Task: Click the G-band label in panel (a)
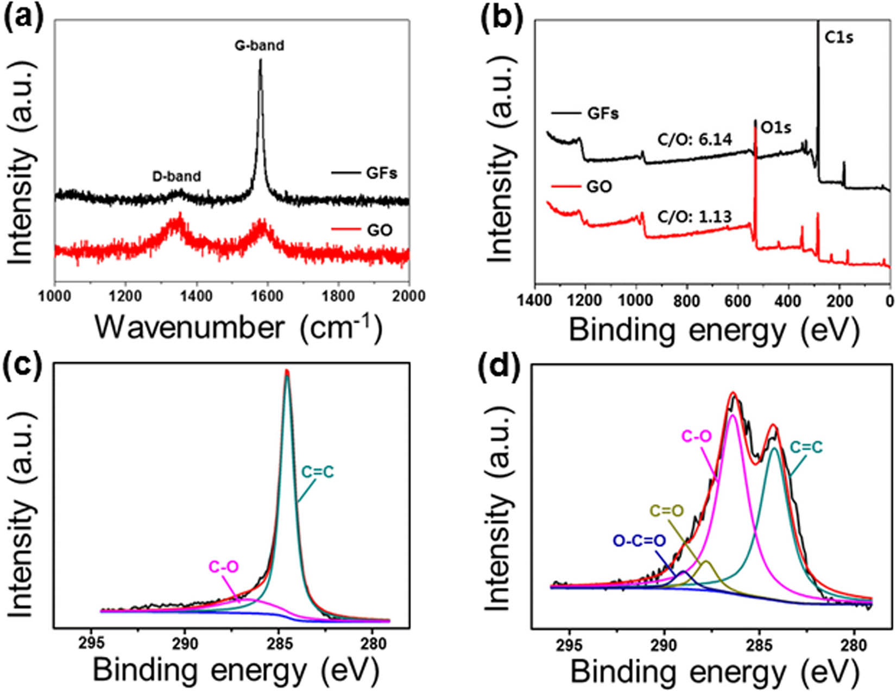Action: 259,45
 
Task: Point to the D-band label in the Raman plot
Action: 176,176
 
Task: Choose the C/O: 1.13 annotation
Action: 695,217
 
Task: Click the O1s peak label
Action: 775,128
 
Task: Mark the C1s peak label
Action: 839,38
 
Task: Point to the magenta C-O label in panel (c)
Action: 224,567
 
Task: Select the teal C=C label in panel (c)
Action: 318,472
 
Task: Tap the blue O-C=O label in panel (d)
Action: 639,541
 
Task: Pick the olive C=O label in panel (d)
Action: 667,511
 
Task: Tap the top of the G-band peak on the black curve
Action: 261,61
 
